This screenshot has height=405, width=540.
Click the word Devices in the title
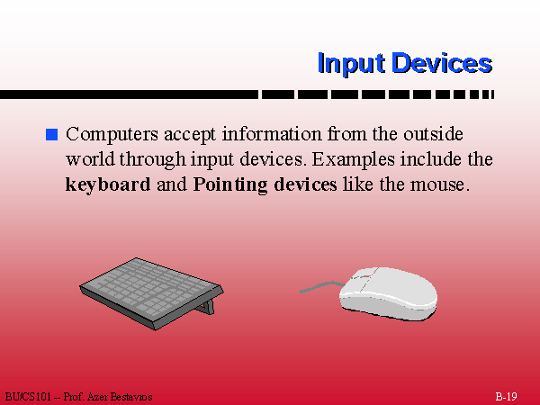[x=442, y=63]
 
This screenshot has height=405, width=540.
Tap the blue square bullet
[x=51, y=134]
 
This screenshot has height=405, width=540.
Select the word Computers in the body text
[x=112, y=134]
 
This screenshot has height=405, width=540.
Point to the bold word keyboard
[x=108, y=184]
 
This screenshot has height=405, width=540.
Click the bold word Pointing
[x=230, y=184]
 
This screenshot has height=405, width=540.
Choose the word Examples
[x=353, y=160]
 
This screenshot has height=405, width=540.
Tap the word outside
[x=433, y=134]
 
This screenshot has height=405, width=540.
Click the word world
[x=90, y=159]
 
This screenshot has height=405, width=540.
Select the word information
[x=272, y=134]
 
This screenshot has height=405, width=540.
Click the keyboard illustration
[x=151, y=293]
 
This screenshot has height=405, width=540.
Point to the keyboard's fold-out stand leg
[x=207, y=307]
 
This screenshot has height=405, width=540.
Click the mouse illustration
[x=388, y=293]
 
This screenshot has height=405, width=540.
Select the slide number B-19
[x=506, y=396]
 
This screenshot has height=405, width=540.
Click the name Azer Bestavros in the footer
[x=120, y=397]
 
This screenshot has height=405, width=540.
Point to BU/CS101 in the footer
[x=28, y=397]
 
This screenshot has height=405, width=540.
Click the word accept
[x=190, y=135]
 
